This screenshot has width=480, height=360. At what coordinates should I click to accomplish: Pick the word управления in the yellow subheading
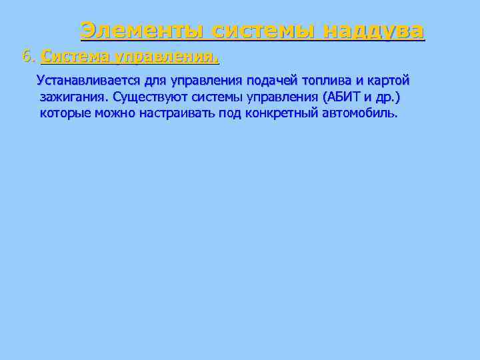167,57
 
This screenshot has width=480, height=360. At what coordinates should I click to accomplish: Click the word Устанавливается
89,81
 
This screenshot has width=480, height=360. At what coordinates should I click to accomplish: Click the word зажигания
69,97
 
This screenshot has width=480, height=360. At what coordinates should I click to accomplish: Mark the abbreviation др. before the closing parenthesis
385,97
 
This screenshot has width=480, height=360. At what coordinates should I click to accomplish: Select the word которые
67,113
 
